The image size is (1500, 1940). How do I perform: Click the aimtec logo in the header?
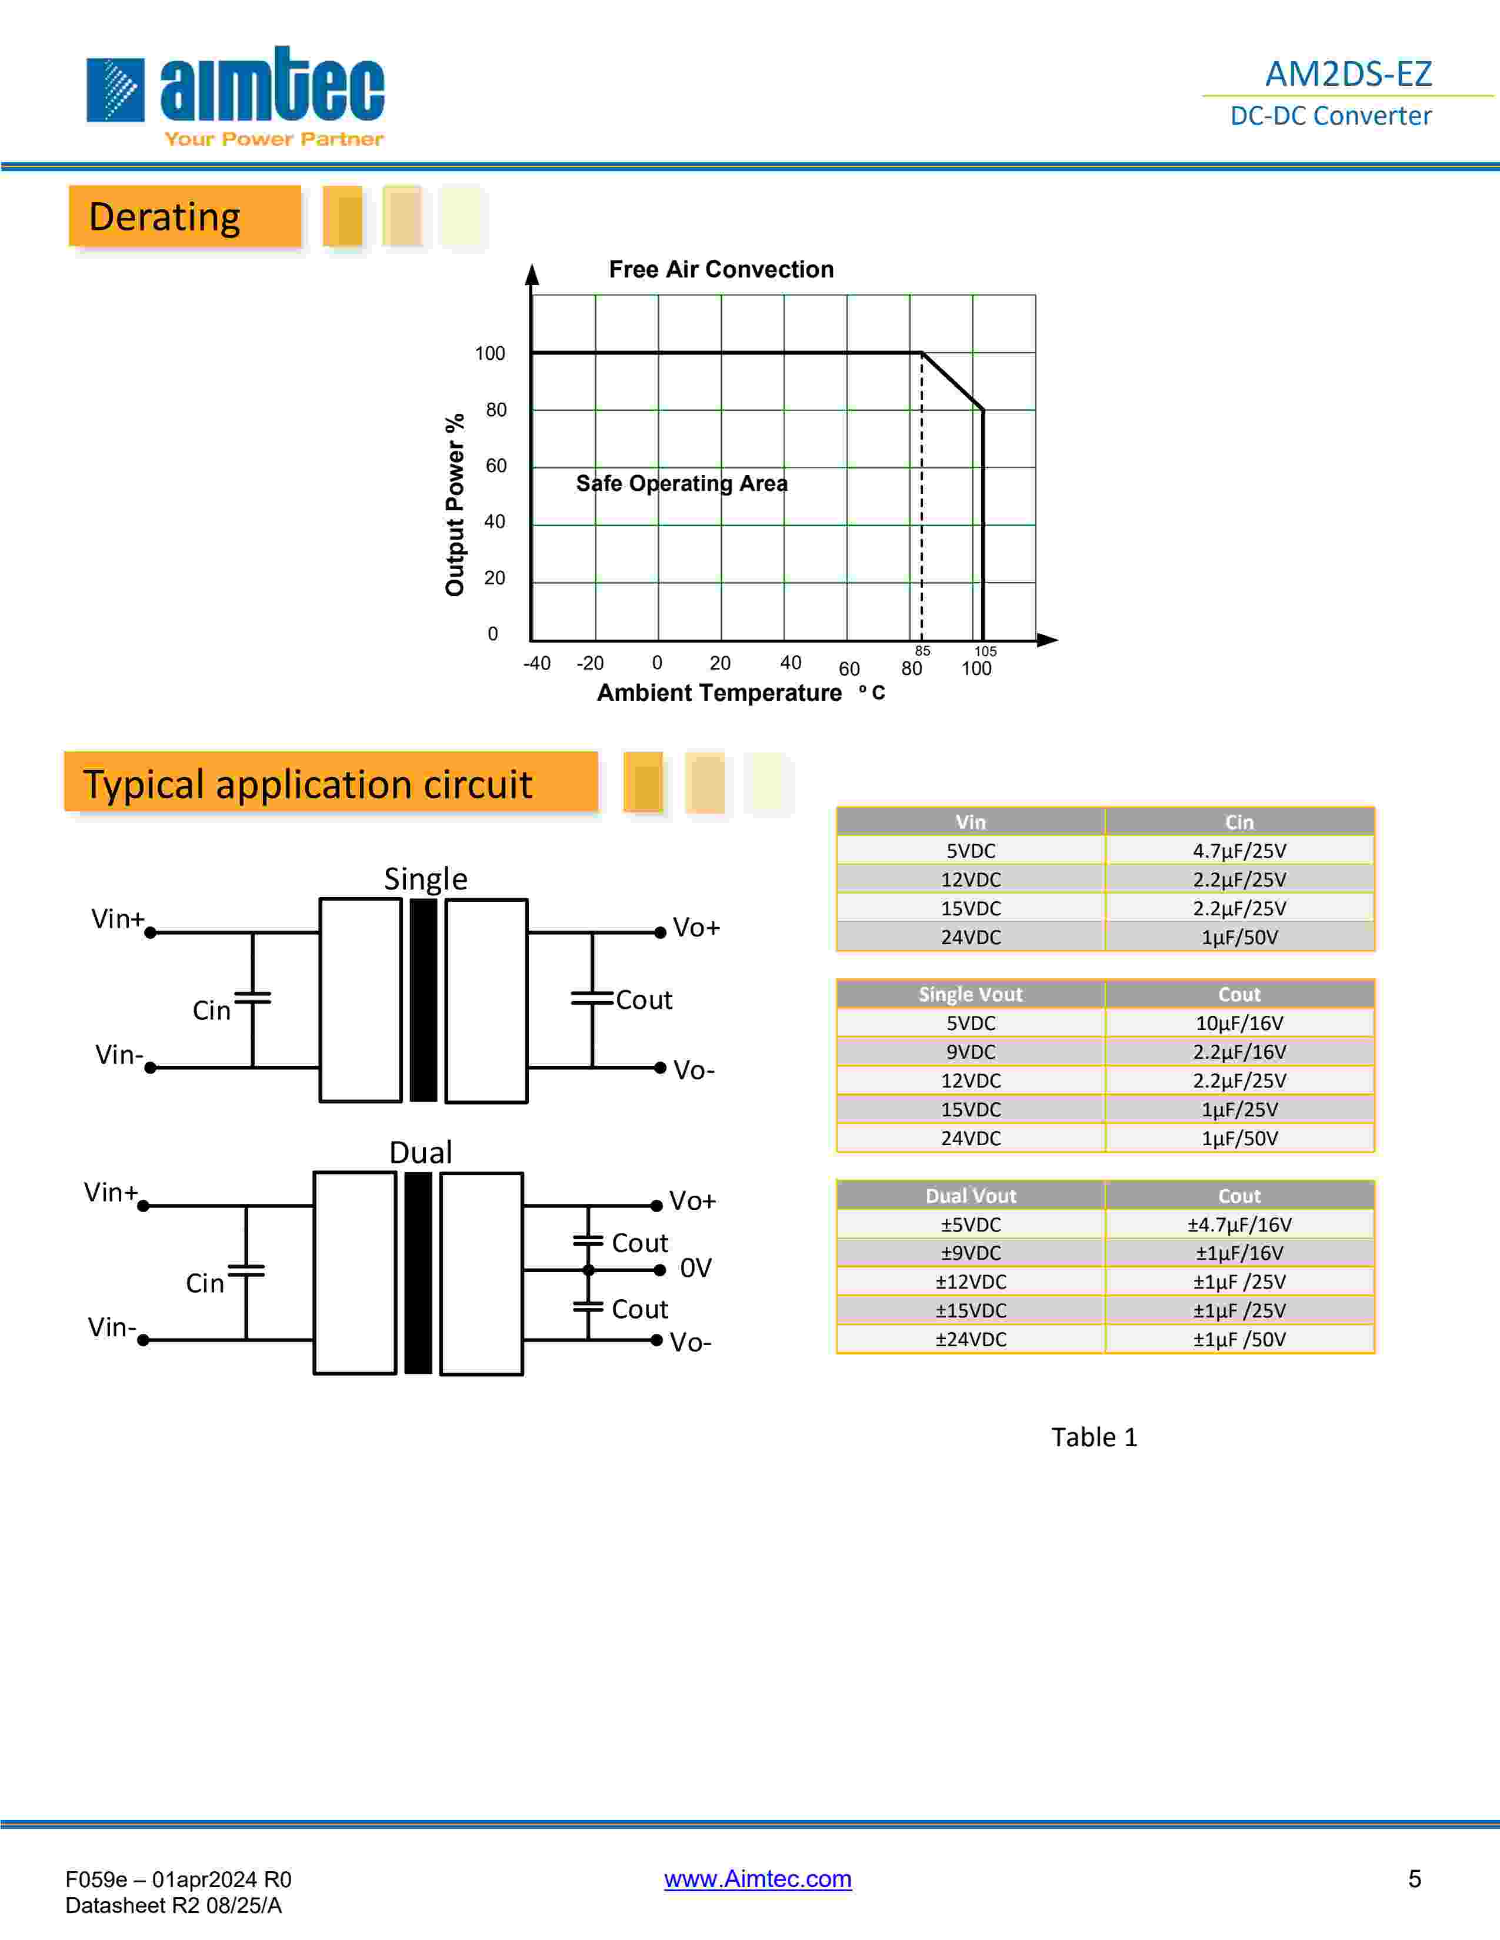235,93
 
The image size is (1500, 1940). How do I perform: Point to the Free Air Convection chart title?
721,269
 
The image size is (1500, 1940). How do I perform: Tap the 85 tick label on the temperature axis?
922,651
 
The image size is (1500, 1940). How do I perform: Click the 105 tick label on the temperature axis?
985,651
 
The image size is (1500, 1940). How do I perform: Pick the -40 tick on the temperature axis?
536,664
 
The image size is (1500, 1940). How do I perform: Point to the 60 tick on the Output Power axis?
496,466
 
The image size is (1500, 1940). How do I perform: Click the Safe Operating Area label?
682,483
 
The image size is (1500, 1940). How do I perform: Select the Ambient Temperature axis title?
719,693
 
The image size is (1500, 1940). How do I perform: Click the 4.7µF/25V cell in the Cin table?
1239,851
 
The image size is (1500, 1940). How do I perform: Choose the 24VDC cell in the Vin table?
971,937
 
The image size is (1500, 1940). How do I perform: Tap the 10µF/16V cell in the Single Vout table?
1239,1023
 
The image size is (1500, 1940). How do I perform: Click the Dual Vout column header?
971,1196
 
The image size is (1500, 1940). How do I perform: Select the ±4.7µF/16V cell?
1239,1225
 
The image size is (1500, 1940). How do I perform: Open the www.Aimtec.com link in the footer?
757,1879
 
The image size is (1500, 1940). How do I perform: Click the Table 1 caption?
1094,1437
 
